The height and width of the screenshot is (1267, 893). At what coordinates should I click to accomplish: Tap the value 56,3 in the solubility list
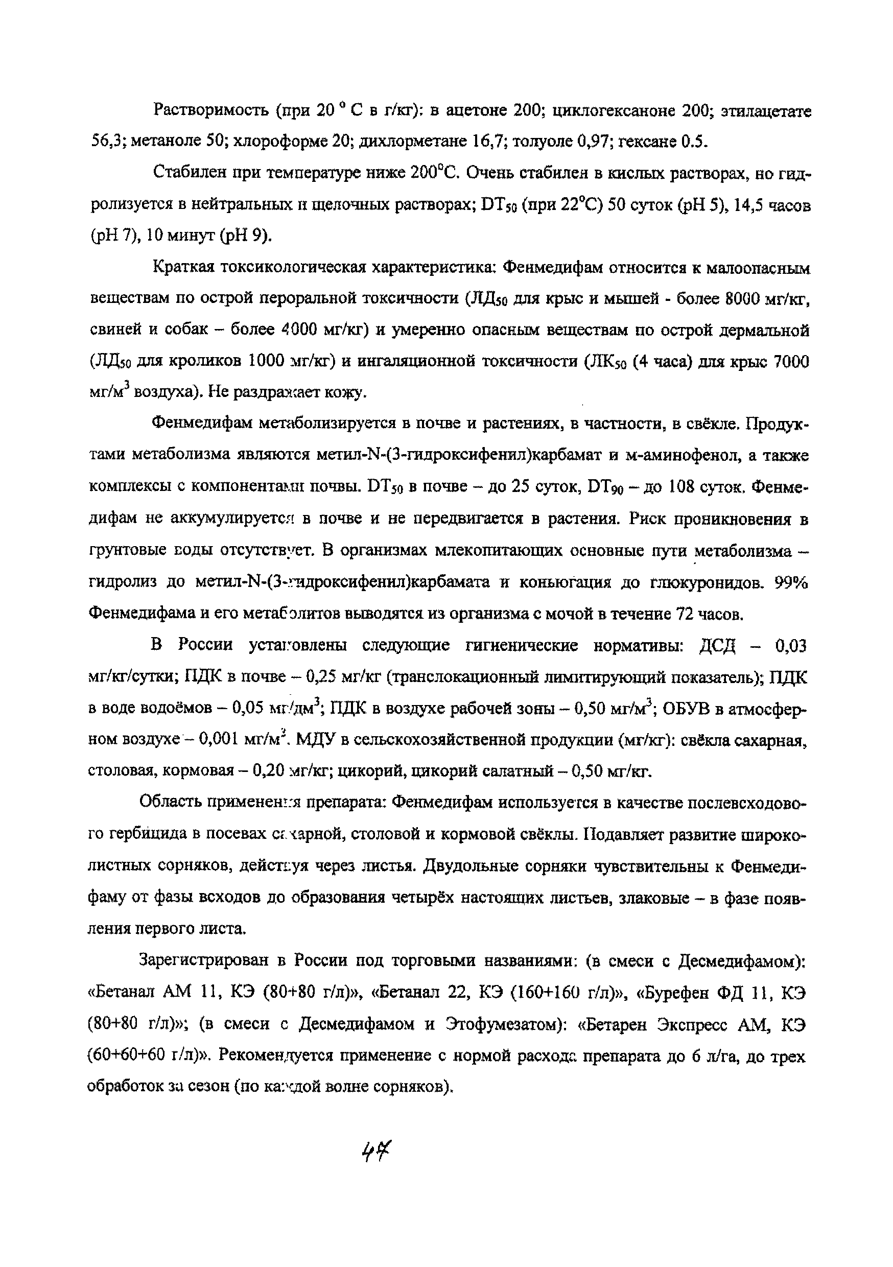click(x=107, y=143)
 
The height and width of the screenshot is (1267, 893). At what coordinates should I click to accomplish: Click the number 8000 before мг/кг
click(x=742, y=300)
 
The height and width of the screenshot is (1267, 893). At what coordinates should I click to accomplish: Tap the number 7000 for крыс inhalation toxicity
click(x=791, y=362)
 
